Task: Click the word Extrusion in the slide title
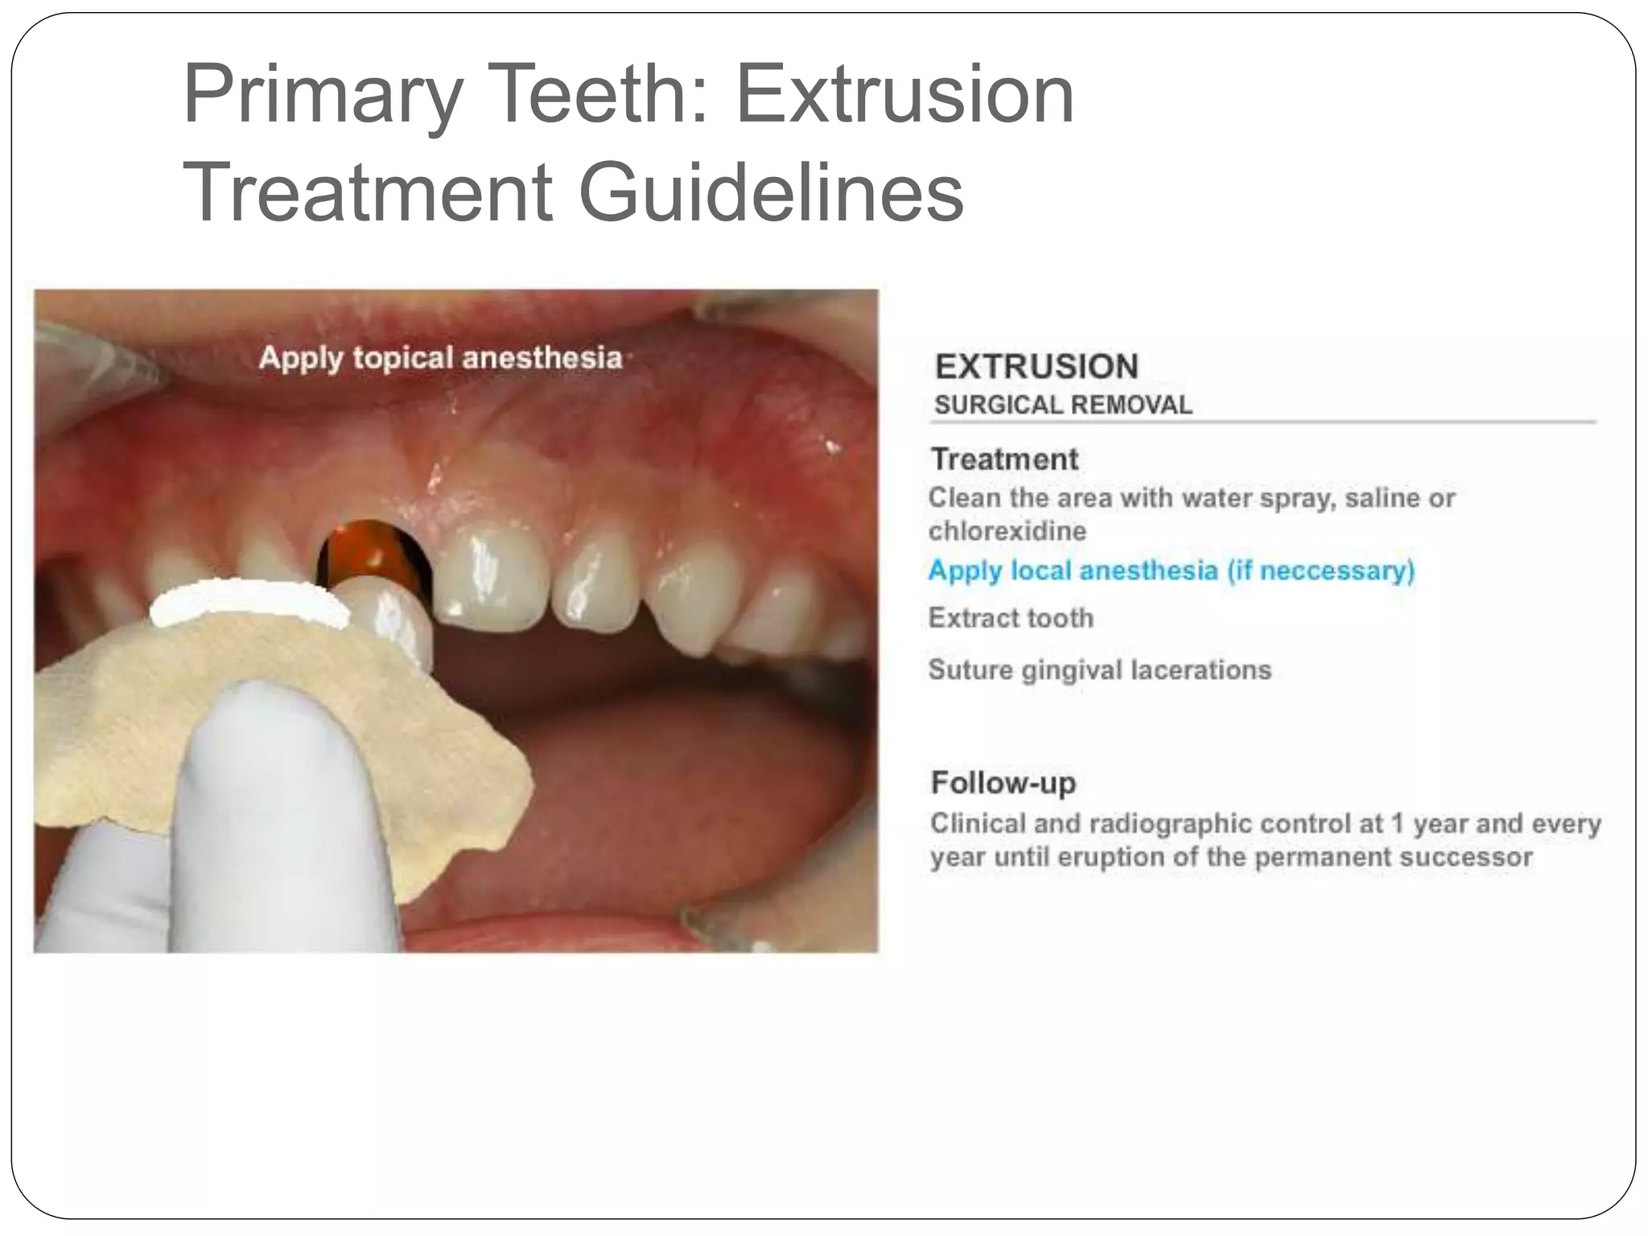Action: [904, 96]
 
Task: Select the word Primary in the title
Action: [323, 96]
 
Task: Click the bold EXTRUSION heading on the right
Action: [1036, 367]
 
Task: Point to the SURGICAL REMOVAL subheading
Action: [1063, 405]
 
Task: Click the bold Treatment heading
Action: [1004, 459]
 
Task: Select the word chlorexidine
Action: [1007, 531]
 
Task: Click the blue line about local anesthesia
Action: [1171, 571]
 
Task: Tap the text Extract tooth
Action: [1011, 618]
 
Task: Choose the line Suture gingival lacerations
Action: [1099, 669]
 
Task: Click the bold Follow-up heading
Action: [1003, 782]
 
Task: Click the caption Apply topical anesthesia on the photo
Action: [441, 358]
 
